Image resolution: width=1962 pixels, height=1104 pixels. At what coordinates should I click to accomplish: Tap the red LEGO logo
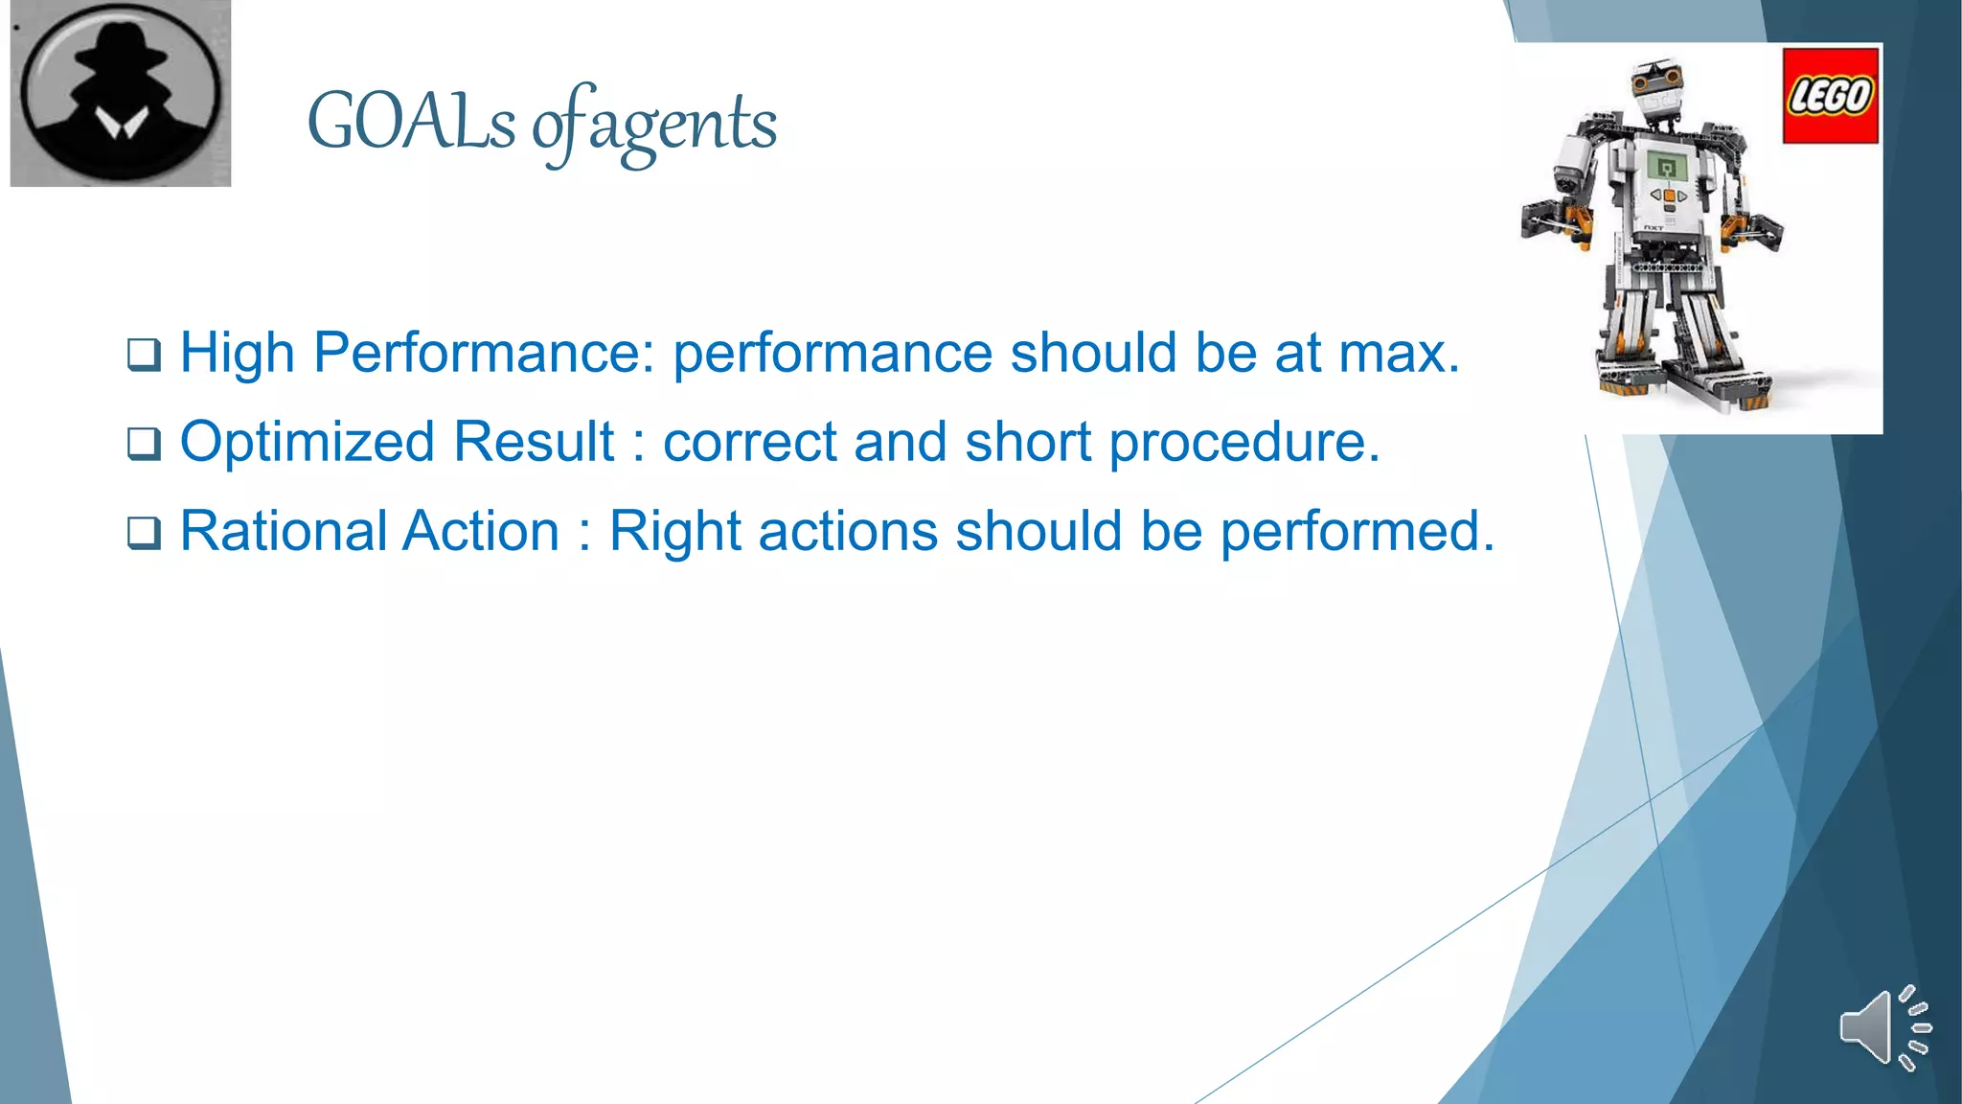[1830, 95]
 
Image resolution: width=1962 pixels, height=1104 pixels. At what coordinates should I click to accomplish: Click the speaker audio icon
[1883, 1027]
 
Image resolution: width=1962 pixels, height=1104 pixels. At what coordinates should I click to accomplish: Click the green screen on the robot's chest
[1667, 169]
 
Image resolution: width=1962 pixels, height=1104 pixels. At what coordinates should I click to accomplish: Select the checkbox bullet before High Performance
[144, 355]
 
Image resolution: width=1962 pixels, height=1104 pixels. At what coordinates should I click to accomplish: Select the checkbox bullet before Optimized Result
[144, 444]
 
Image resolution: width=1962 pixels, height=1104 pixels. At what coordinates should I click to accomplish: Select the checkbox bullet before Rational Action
[144, 533]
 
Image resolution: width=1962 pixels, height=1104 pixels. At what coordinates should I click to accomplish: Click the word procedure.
[1243, 443]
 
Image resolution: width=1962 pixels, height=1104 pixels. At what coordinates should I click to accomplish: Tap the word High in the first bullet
[237, 353]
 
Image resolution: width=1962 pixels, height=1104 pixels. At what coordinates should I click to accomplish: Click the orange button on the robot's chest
[1669, 196]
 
